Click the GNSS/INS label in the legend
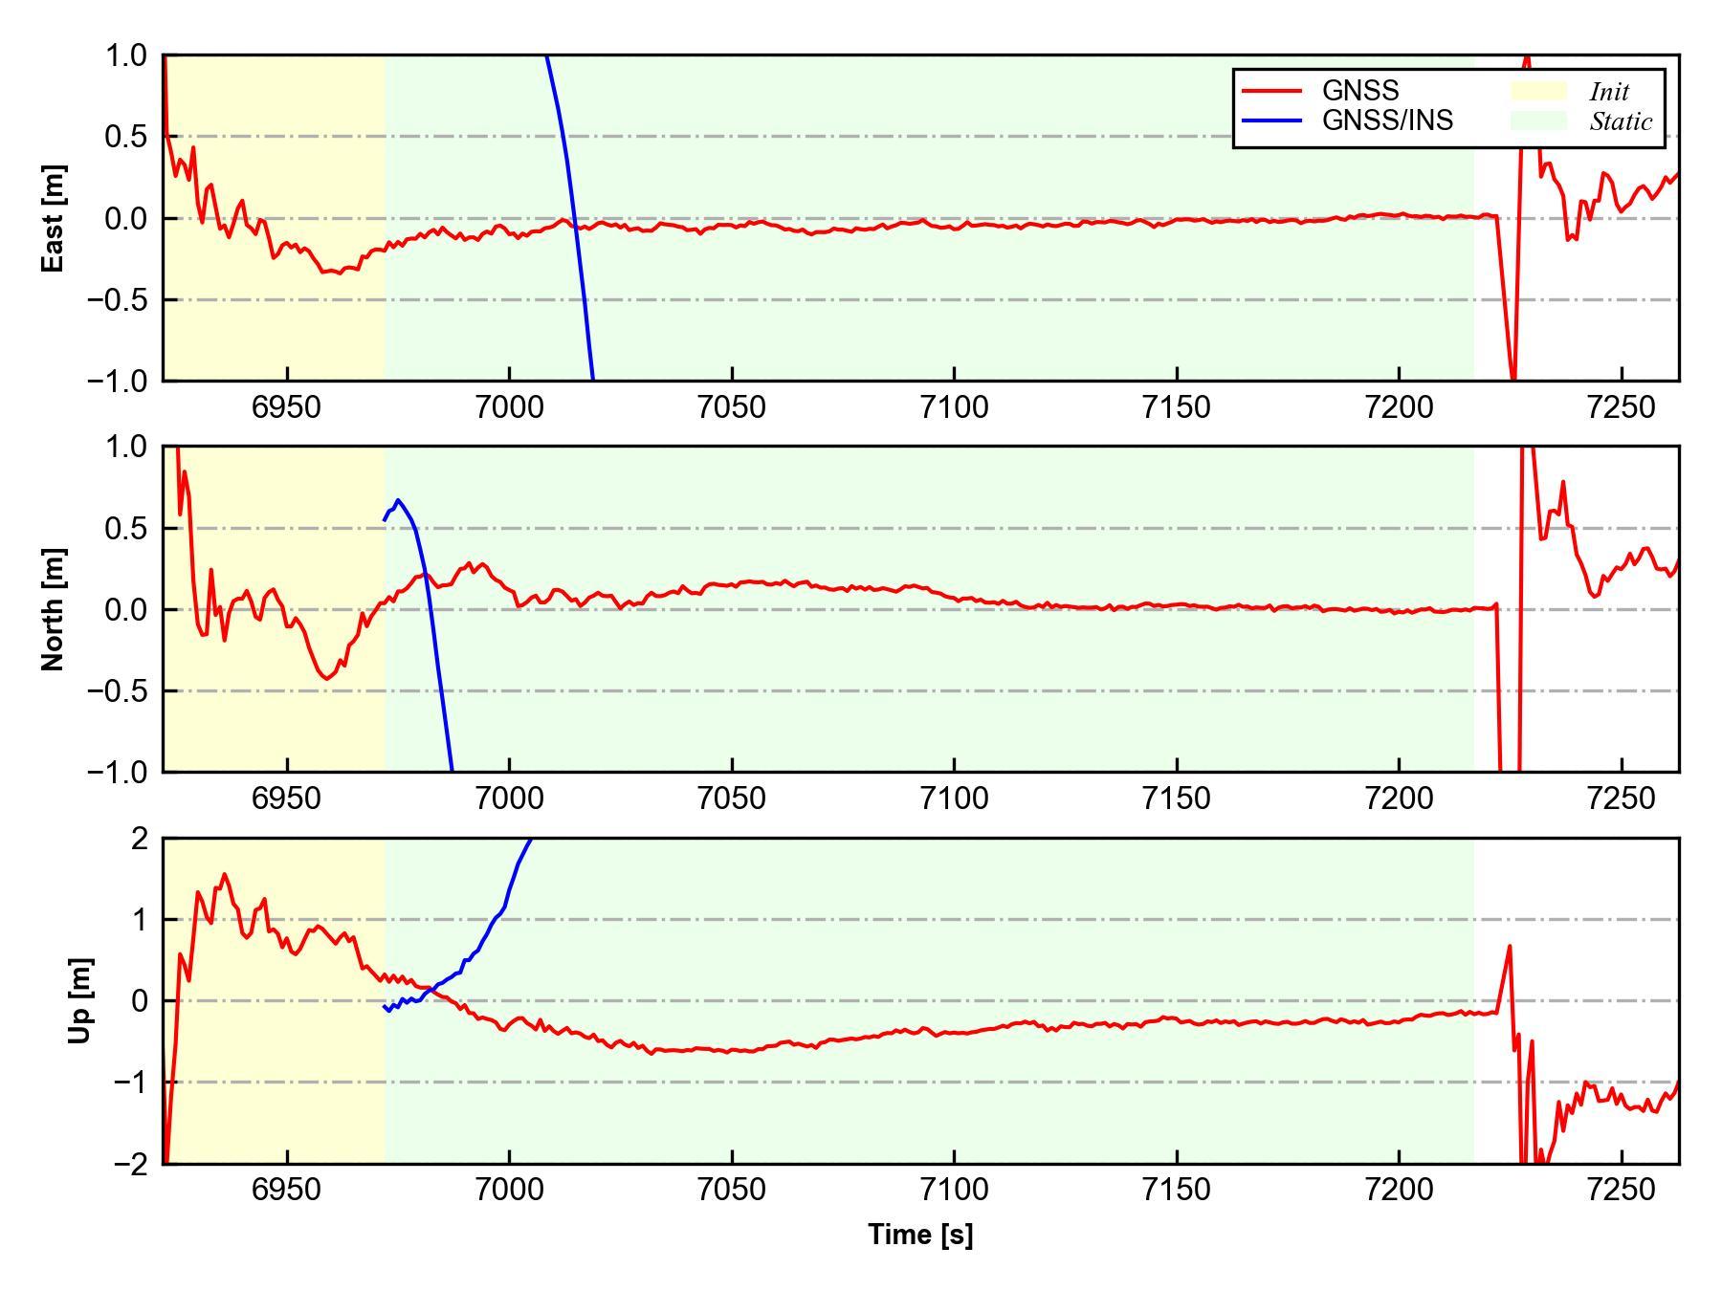(x=1387, y=120)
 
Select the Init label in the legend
(x=1609, y=92)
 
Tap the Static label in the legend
(x=1621, y=121)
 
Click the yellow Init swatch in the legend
(x=1538, y=91)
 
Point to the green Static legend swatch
(x=1538, y=120)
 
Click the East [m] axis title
(x=54, y=218)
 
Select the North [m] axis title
(x=54, y=609)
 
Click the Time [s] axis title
(x=920, y=1234)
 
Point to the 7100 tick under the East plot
(x=954, y=407)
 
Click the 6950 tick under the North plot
(x=287, y=799)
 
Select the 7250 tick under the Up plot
(x=1621, y=1190)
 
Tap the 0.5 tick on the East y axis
(x=126, y=137)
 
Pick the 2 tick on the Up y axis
(x=140, y=839)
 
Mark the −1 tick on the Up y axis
(x=130, y=1083)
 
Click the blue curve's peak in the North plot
(x=398, y=500)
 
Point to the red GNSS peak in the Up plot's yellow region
(x=225, y=874)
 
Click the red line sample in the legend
(x=1271, y=91)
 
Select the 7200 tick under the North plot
(x=1399, y=799)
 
